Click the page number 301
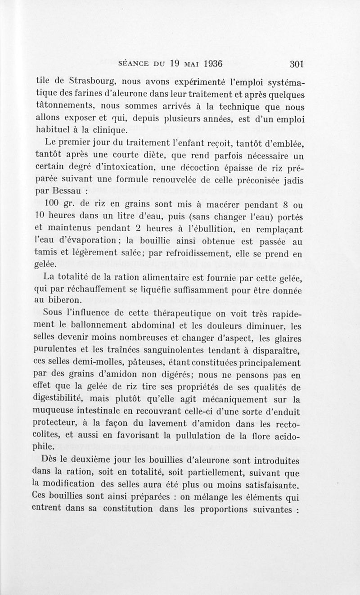pos(297,63)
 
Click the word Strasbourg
pos(93,83)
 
